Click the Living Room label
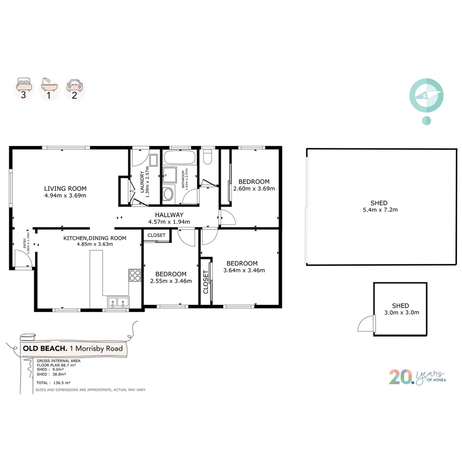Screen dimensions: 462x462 [x=65, y=189]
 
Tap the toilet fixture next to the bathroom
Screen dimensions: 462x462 [x=208, y=157]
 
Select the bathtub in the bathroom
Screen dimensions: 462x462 [x=179, y=157]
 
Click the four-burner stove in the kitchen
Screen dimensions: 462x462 [x=135, y=275]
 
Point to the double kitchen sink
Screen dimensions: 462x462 [x=118, y=302]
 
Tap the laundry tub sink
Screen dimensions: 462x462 [x=153, y=160]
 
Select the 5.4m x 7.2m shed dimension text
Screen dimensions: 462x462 [x=380, y=210]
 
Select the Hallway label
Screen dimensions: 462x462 [x=169, y=215]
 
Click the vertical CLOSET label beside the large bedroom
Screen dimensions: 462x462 [x=206, y=282]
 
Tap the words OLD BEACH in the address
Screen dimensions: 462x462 [x=45, y=348]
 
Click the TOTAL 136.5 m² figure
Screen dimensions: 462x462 [x=53, y=383]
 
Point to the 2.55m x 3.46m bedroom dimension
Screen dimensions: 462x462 [x=171, y=281]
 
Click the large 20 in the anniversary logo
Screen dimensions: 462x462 [x=401, y=377]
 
